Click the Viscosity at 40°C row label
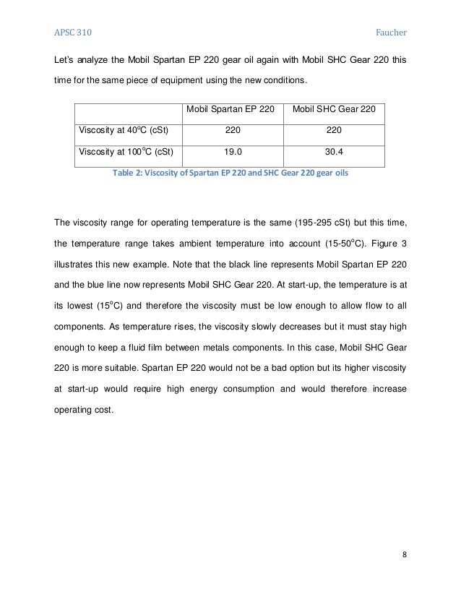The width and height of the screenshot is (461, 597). pos(119,132)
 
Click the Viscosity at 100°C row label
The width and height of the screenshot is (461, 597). pos(121,153)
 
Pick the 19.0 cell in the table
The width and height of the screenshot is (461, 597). pos(231,153)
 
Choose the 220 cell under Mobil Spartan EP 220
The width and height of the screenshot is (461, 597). pos(231,132)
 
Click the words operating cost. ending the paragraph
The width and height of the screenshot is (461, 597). pos(84,408)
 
